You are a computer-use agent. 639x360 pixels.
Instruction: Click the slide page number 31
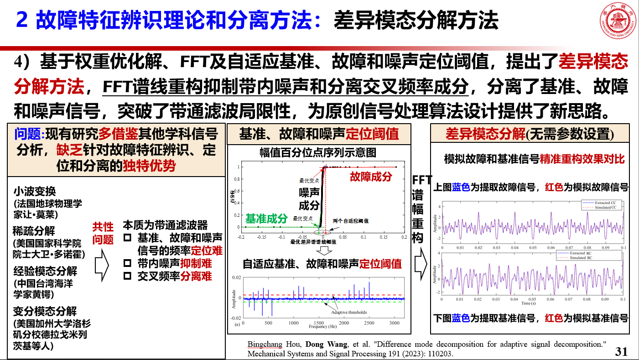pos(621,351)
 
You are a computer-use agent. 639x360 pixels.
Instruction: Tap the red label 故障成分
pos(370,177)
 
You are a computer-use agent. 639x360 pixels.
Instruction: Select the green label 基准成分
pos(267,218)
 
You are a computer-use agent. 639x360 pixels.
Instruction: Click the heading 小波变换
pos(34,191)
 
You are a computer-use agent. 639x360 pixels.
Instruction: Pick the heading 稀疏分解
pos(34,231)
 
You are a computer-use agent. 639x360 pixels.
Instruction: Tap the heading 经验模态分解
pos(45,271)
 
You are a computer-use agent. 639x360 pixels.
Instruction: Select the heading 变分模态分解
pos(45,311)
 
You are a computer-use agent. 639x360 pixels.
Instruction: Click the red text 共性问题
pos(103,233)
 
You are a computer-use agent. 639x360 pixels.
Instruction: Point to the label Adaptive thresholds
pos(349,313)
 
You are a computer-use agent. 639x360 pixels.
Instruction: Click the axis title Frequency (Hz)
pos(322,327)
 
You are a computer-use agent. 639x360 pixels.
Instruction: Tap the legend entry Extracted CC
pos(597,203)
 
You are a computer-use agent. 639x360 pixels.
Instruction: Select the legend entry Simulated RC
pos(596,258)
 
